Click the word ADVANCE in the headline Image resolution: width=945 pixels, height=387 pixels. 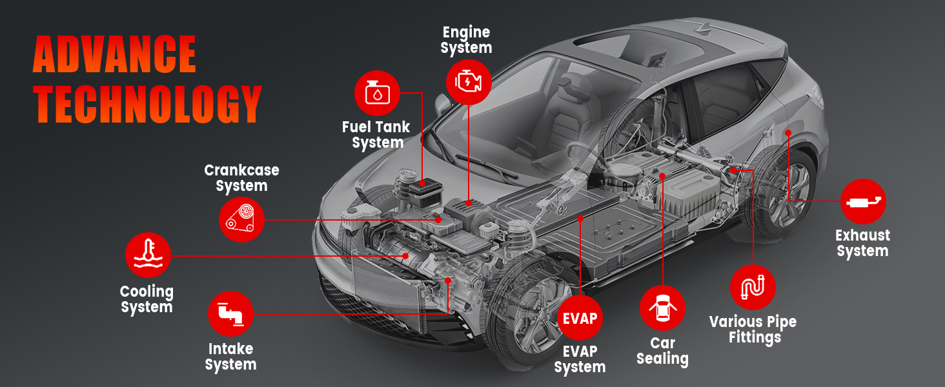[114, 55]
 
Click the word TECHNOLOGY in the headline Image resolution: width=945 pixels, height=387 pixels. [147, 103]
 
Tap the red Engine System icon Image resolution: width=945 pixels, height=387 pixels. [469, 81]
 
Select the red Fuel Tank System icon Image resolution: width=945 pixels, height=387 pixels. [377, 93]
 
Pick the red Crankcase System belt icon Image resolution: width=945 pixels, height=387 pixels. [241, 219]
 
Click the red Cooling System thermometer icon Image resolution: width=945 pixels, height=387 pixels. [148, 255]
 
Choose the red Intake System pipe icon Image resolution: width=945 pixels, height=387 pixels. [230, 313]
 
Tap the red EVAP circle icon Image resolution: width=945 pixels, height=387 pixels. [580, 318]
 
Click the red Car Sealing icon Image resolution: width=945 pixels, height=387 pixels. [662, 308]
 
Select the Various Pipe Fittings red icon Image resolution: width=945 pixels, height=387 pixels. [753, 286]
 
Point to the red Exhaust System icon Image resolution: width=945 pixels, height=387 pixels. [863, 202]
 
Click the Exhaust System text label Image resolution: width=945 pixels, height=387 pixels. [862, 243]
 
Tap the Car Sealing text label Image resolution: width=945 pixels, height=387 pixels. [662, 352]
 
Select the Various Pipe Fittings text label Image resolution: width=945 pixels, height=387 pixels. [753, 329]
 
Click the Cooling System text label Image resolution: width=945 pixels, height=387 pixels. [147, 299]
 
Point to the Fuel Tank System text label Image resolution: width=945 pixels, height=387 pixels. [376, 135]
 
